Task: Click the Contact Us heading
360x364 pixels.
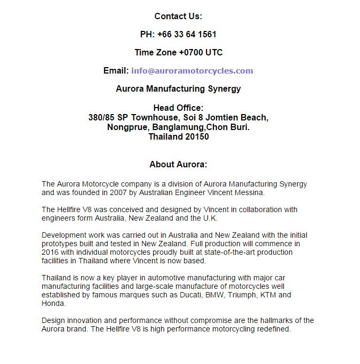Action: click(178, 16)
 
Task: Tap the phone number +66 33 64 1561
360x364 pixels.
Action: click(187, 34)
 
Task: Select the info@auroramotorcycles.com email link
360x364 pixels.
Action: click(192, 70)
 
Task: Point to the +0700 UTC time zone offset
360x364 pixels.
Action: click(201, 52)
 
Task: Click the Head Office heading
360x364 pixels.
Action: click(178, 108)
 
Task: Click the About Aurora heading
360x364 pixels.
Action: click(178, 164)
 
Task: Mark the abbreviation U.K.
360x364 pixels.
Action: click(209, 218)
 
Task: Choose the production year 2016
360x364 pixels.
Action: click(51, 252)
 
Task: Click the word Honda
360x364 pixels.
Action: click(53, 303)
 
